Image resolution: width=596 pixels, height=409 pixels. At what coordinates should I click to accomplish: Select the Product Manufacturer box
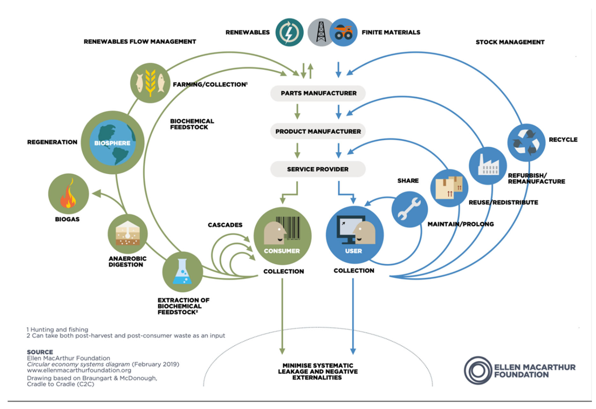tap(318, 131)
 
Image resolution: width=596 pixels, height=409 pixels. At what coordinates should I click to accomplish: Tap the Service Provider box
tap(318, 169)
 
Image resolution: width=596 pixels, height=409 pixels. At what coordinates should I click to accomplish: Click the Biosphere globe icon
tap(113, 143)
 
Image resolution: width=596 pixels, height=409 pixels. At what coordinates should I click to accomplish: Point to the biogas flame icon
tap(68, 194)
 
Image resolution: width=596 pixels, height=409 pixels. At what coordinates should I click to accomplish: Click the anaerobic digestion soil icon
tap(128, 234)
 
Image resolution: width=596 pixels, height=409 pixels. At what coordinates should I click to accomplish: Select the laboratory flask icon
tap(182, 272)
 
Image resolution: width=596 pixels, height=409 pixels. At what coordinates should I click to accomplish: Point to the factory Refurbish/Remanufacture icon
tap(488, 166)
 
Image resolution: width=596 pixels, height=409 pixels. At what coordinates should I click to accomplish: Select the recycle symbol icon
tap(526, 143)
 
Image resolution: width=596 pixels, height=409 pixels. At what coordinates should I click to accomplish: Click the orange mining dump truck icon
tap(343, 32)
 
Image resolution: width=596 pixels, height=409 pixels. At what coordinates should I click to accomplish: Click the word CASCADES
tap(225, 225)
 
